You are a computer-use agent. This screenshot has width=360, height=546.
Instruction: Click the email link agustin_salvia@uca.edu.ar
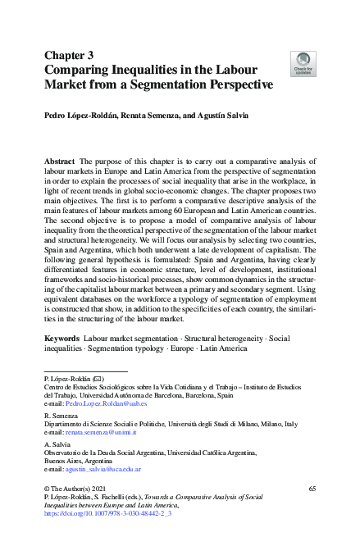(x=104, y=468)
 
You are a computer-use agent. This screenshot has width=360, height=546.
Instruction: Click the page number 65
(x=312, y=489)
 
